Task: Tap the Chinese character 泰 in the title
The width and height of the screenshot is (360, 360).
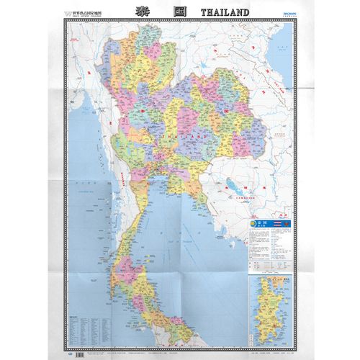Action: [x=140, y=12]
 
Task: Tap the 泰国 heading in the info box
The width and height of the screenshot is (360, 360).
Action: [x=260, y=224]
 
